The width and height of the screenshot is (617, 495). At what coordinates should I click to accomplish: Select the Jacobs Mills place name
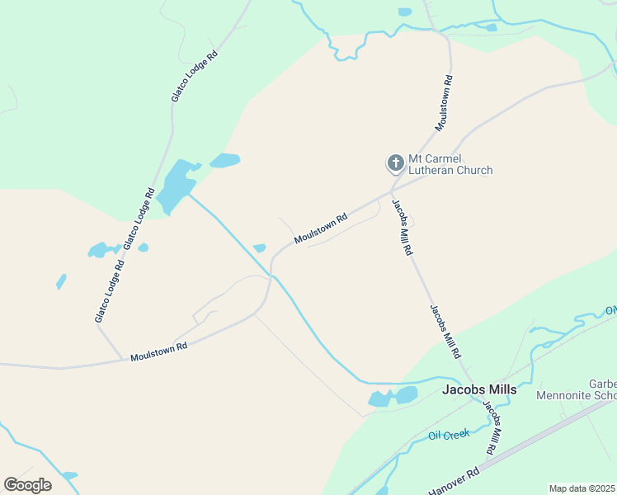(x=479, y=389)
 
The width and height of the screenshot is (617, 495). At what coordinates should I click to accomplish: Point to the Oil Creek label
(x=448, y=434)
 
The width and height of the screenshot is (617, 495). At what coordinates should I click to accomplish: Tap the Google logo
(x=27, y=485)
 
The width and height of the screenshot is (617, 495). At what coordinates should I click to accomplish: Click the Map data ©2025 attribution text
(x=582, y=488)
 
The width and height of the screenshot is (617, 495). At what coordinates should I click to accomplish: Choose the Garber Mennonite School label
(x=577, y=389)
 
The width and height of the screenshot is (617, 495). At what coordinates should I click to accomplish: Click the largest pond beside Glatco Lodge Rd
(x=176, y=186)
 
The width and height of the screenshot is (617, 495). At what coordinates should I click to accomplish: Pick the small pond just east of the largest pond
(x=224, y=160)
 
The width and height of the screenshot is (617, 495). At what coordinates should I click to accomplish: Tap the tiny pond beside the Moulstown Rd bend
(x=259, y=247)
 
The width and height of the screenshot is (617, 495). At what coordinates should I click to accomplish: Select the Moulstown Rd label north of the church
(x=445, y=103)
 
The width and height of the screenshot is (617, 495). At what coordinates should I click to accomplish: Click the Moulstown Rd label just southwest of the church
(x=322, y=229)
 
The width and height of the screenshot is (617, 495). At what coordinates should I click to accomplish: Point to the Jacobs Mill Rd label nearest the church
(x=402, y=228)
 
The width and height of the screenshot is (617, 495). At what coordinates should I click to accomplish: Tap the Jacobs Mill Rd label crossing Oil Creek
(x=492, y=428)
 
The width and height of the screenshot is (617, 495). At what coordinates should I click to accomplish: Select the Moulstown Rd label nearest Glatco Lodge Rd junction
(x=159, y=352)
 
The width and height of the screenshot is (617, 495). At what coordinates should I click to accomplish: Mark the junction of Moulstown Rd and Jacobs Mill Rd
(x=391, y=192)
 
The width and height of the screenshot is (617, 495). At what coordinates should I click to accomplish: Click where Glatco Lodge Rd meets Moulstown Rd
(x=123, y=359)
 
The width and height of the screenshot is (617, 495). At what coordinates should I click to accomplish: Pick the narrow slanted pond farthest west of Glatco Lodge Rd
(x=61, y=281)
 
